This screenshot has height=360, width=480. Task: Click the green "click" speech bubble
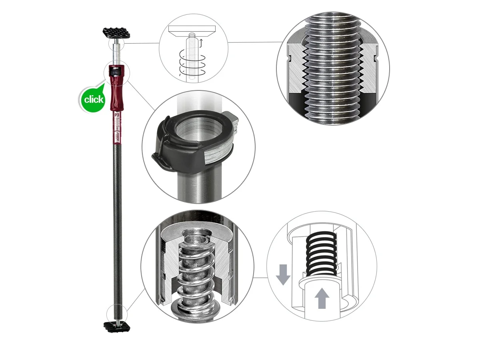click(92, 99)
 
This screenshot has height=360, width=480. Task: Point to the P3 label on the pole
click(117, 115)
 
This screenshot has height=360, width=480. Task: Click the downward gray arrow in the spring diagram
click(283, 274)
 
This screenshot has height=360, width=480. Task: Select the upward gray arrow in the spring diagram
click(321, 298)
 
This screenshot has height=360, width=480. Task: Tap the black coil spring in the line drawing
click(321, 254)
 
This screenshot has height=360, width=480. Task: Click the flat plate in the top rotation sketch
click(192, 29)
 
